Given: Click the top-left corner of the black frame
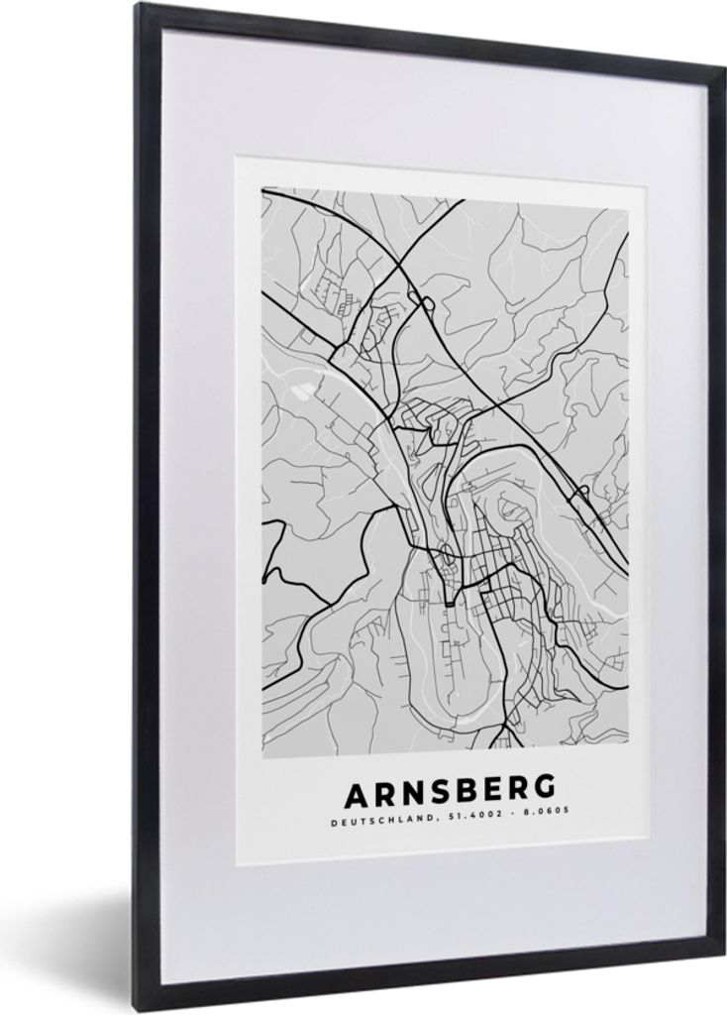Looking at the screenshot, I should click(x=139, y=7).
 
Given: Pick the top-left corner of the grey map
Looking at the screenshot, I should click(x=262, y=188).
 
